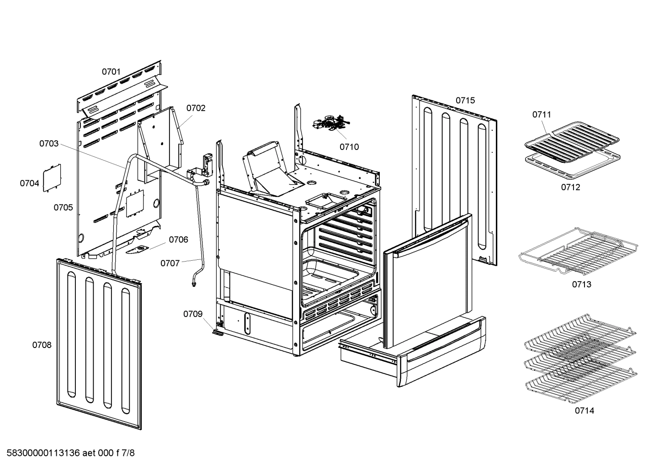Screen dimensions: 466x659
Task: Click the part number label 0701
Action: click(111, 71)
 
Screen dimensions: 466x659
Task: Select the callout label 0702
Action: click(196, 108)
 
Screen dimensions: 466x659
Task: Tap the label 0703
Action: click(49, 144)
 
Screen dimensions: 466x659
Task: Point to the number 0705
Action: click(63, 207)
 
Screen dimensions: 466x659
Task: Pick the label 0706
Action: click(178, 239)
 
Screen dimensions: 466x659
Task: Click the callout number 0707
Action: click(170, 263)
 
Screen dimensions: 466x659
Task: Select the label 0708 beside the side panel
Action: click(42, 345)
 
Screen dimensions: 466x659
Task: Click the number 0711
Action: click(542, 114)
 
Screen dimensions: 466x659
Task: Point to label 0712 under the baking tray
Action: click(570, 187)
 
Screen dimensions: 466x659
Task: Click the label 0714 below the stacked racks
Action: click(585, 411)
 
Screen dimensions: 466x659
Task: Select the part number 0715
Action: click(465, 100)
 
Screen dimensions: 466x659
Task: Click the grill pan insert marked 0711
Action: click(571, 139)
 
